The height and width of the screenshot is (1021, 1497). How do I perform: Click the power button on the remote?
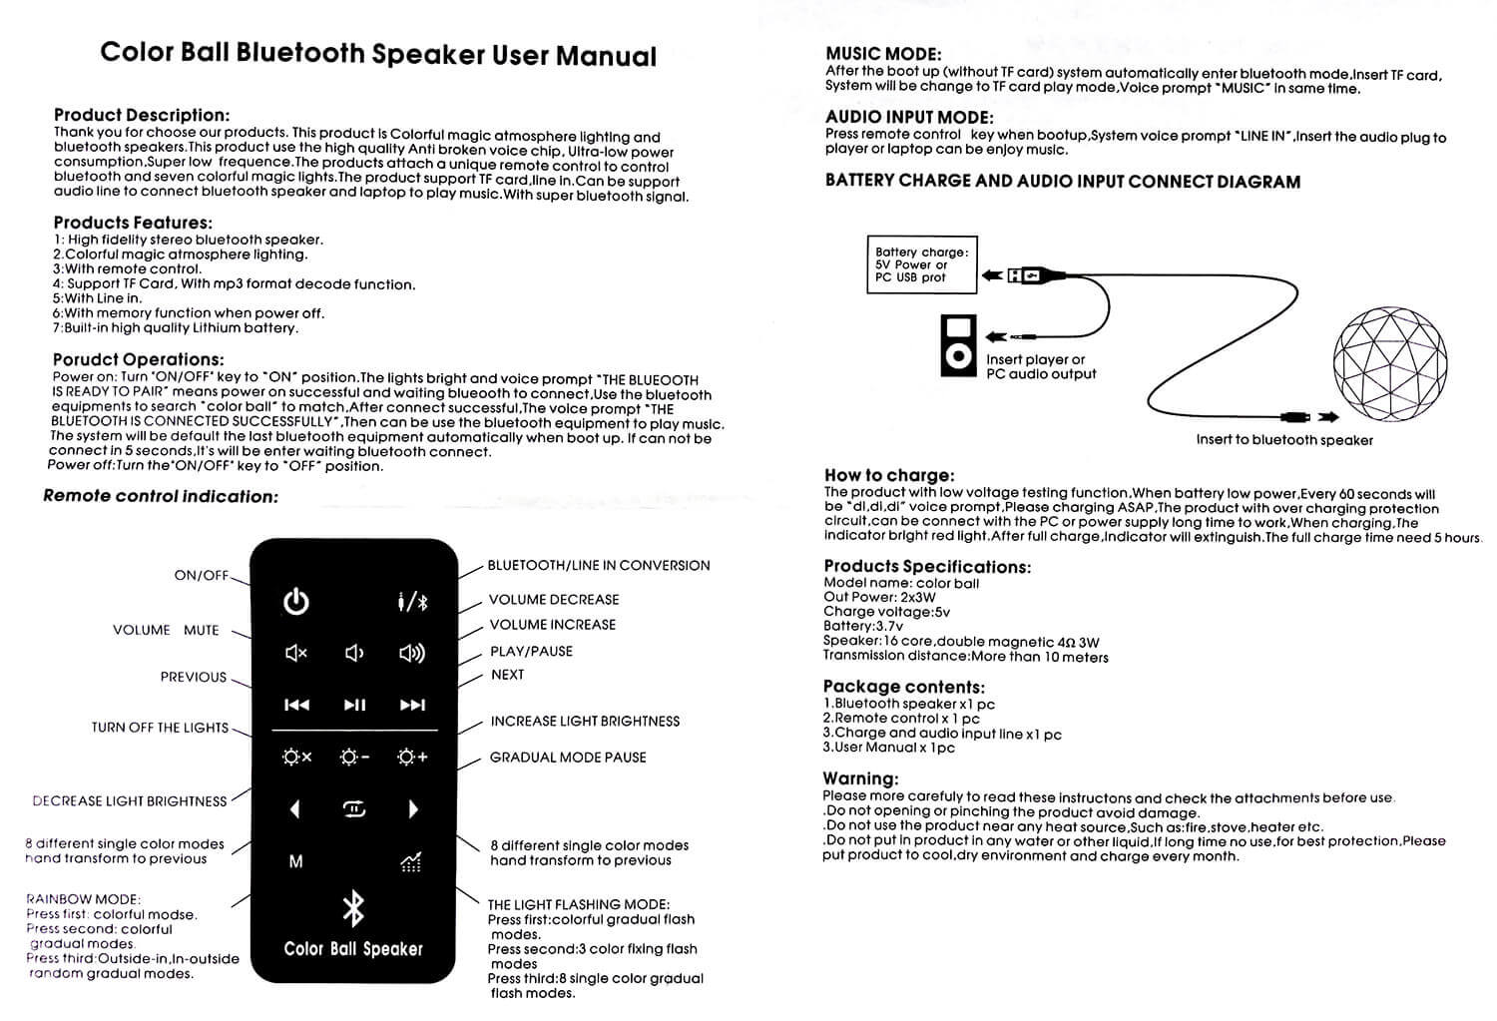tap(296, 602)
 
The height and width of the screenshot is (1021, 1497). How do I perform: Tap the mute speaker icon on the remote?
tap(296, 654)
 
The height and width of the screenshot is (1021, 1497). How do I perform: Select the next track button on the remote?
tap(412, 705)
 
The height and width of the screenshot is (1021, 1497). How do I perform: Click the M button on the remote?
tap(295, 861)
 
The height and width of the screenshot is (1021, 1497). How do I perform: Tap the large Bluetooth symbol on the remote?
tap(353, 907)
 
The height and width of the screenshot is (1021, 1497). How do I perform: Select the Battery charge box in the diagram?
tap(920, 264)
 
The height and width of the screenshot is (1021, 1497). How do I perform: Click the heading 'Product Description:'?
tap(142, 116)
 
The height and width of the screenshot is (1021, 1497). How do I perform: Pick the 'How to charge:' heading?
tap(888, 476)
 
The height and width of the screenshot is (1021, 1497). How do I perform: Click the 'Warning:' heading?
tap(860, 778)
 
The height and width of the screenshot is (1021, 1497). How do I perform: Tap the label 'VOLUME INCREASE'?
tap(552, 625)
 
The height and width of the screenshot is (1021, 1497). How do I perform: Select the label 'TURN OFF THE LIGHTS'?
tap(160, 728)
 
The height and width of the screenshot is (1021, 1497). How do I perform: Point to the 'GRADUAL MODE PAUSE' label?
tap(568, 758)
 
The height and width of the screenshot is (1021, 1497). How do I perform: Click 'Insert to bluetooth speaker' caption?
tap(1284, 440)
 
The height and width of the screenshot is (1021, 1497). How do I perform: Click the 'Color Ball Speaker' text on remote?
tap(353, 949)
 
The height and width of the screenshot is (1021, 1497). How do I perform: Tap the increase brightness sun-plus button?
tap(412, 758)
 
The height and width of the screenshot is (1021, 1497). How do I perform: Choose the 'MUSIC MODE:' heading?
tap(883, 55)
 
